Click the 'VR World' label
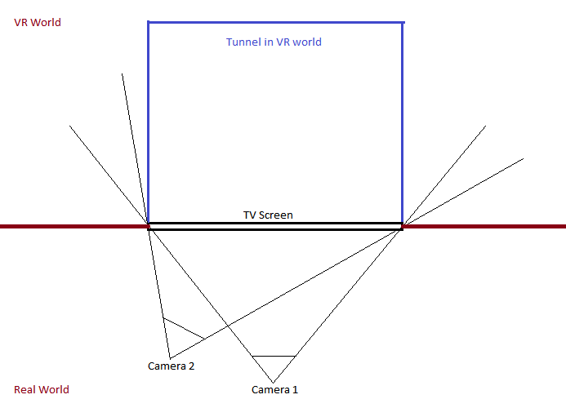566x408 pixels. click(38, 22)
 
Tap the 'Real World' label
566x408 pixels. click(42, 389)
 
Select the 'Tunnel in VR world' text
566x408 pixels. click(274, 42)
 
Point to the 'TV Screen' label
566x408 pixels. click(268, 215)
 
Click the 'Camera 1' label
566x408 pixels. click(274, 389)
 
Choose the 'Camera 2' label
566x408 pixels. click(171, 366)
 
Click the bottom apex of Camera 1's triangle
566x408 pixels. click(273, 383)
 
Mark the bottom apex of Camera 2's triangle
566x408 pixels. click(170, 358)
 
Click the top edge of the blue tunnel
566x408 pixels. click(276, 22)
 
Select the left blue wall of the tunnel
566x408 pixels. click(149, 122)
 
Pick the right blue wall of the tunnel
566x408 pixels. click(403, 122)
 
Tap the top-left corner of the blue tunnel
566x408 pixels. click(149, 22)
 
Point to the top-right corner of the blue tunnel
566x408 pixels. click(403, 22)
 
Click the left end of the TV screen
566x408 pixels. click(149, 227)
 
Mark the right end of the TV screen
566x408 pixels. click(403, 227)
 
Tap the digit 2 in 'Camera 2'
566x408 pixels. click(191, 366)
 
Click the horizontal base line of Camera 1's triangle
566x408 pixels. click(274, 356)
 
